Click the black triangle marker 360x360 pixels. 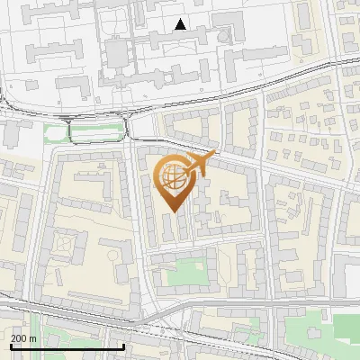tap(181, 24)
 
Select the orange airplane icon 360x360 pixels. tap(201, 163)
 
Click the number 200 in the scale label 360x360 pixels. tap(18, 338)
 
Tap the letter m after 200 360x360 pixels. tap(32, 338)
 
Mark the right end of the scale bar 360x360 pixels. tap(123, 346)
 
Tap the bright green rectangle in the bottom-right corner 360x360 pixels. tap(347, 328)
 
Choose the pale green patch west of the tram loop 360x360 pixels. tap(54, 135)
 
